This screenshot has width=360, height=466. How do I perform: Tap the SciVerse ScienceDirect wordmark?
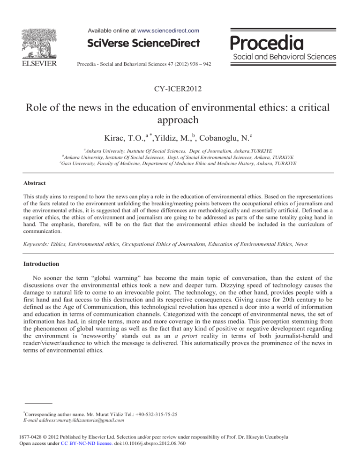pyautogui.click(x=143, y=44)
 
